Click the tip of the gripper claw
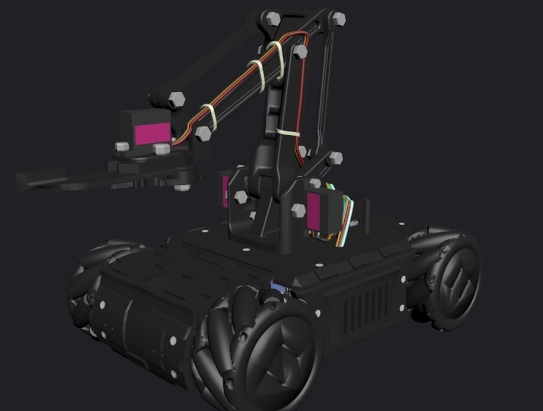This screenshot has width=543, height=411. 24,181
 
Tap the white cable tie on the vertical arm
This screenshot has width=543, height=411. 288,133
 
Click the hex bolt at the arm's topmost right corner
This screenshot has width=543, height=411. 338,18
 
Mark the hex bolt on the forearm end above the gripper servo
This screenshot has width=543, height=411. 176,99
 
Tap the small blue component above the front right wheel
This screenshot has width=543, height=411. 277,288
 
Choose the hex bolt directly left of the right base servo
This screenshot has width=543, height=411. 298,210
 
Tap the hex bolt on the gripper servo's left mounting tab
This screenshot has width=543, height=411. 122,146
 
